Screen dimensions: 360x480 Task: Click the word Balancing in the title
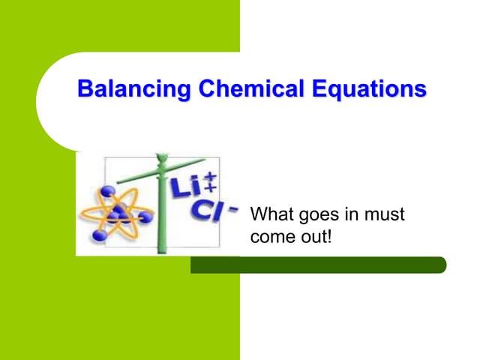coord(124,90)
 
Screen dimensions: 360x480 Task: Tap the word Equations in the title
coord(367,90)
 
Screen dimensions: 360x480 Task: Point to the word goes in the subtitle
coord(319,216)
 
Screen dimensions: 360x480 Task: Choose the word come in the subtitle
coord(271,239)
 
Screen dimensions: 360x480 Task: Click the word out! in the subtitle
coord(314,238)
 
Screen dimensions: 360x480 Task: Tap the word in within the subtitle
coord(352,215)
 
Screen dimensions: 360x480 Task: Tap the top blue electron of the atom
coord(109,191)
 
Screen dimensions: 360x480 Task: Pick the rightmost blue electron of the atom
coord(146,217)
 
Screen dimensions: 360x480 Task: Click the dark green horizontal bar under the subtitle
coord(318,265)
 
